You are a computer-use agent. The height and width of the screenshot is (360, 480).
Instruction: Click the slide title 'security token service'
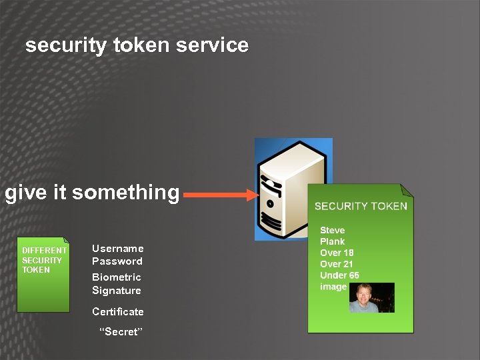137,45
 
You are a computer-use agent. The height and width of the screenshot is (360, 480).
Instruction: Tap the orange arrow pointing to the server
220,195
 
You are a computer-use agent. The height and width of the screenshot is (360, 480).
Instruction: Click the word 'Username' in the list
117,248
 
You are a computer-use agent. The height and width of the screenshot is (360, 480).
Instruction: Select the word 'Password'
117,261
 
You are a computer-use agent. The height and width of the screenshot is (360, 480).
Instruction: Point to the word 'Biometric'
117,277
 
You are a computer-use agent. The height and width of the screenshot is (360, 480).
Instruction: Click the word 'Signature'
117,290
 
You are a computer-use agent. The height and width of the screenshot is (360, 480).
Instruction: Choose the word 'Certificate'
118,311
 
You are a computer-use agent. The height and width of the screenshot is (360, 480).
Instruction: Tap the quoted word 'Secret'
121,332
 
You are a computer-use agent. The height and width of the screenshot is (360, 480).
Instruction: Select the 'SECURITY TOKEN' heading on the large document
361,206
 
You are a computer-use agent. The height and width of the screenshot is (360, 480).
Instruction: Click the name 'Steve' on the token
332,230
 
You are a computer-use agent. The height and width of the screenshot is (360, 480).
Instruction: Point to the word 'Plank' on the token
332,241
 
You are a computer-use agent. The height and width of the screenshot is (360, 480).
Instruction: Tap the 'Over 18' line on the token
337,253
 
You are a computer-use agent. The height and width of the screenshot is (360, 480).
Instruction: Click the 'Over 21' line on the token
337,264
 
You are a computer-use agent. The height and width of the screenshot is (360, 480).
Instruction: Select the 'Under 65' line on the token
339,275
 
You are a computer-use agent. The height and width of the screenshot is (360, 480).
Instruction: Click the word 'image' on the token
333,287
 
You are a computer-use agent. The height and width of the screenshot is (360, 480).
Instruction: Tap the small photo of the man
372,297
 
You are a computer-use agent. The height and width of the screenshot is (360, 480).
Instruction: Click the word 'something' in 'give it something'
126,193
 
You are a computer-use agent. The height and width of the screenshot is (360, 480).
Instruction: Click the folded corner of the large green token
406,191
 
